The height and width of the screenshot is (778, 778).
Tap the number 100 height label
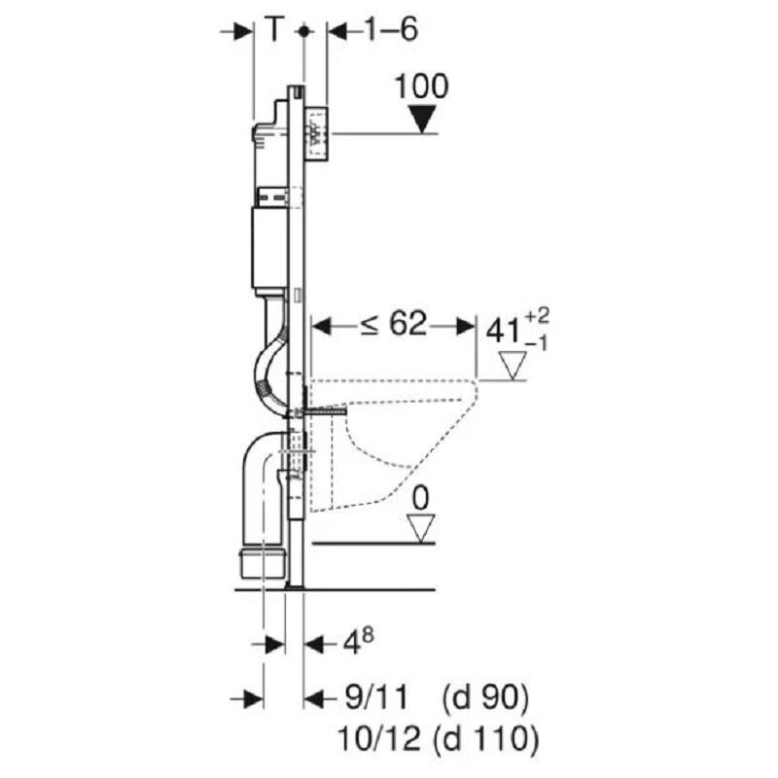(x=421, y=86)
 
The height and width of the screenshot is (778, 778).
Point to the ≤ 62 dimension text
(x=393, y=325)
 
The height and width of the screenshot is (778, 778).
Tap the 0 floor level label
(x=420, y=498)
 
